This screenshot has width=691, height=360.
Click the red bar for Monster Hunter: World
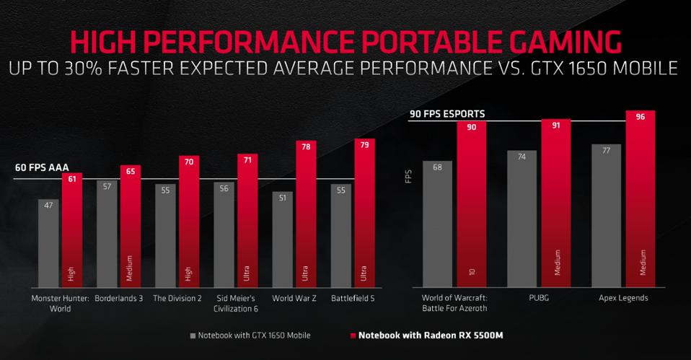point(72,231)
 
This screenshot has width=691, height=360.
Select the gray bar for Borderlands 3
point(107,234)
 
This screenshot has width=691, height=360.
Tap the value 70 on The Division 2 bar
point(189,162)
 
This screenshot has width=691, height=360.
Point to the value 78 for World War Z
point(306,146)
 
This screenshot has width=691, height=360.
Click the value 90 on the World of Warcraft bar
point(471,128)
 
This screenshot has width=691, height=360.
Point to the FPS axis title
point(408,176)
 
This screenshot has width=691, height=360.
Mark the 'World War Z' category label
point(294,297)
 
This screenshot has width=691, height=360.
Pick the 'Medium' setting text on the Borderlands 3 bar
point(131,264)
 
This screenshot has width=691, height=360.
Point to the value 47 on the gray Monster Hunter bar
point(48,206)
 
